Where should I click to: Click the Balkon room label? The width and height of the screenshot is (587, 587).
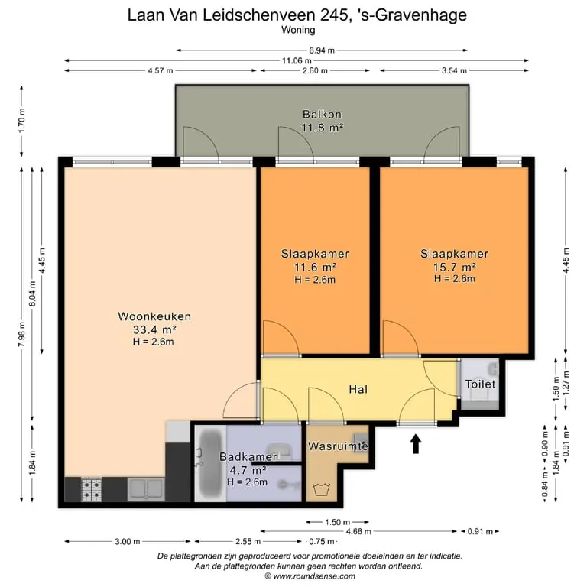tap(322, 114)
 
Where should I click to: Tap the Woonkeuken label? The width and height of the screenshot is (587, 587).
tap(154, 316)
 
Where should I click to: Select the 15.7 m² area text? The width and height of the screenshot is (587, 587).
tap(455, 267)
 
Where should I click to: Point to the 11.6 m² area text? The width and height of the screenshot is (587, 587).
tap(315, 268)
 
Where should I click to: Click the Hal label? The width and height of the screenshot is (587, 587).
tap(358, 389)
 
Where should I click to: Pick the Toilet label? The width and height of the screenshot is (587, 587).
tap(480, 384)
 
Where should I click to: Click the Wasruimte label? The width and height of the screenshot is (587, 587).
tap(338, 446)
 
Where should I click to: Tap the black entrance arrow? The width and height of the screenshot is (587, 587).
tap(416, 443)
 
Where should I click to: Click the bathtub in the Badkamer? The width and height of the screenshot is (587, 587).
tap(210, 462)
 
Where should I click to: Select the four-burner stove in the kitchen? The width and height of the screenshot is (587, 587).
tap(92, 489)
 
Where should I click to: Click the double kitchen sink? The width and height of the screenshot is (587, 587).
tap(146, 489)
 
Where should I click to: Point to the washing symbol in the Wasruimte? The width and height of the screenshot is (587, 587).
tap(320, 489)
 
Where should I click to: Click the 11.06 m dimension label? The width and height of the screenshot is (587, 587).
tap(297, 60)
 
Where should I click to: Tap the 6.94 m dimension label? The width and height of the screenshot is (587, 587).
tap(322, 50)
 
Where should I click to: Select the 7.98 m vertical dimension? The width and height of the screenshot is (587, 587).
tap(21, 334)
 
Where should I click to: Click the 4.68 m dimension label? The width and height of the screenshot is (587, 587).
tap(358, 531)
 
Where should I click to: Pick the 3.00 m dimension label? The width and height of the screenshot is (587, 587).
tap(128, 541)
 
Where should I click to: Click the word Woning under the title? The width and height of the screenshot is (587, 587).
tap(298, 30)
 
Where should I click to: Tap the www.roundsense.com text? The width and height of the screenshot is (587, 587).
tap(314, 576)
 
